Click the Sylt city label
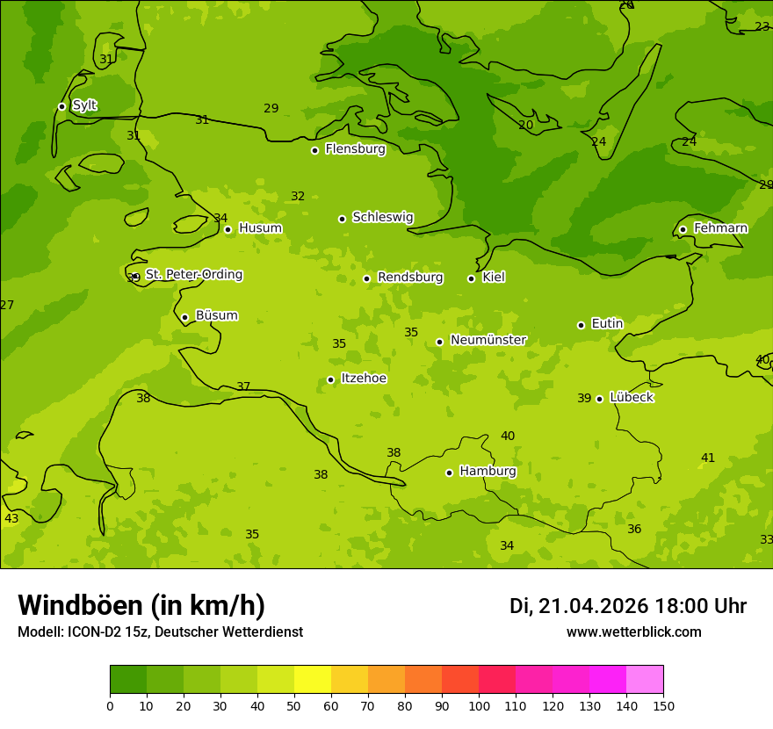[84, 105]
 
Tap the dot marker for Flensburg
[314, 150]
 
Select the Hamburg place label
[488, 472]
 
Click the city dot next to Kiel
[471, 278]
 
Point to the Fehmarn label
[720, 228]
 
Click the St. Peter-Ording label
[193, 275]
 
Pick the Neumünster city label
[488, 340]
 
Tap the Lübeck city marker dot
[599, 399]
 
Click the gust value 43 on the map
[11, 519]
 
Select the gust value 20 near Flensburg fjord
[525, 126]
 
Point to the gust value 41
[708, 458]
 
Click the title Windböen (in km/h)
[141, 605]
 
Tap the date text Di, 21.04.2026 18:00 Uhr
[628, 606]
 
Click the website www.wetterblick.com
[633, 632]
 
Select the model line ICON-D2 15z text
[160, 632]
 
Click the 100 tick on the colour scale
[479, 705]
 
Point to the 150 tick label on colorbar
[663, 705]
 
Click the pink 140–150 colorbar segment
[645, 680]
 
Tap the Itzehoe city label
[363, 379]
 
